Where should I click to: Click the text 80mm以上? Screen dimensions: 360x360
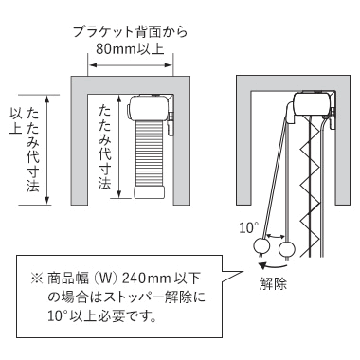coord(130,49)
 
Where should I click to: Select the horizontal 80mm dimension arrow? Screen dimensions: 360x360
coord(130,65)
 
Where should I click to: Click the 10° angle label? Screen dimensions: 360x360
coord(248,227)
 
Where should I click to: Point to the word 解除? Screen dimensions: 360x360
coord(273,283)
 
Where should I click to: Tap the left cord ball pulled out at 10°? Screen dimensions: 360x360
coord(261,246)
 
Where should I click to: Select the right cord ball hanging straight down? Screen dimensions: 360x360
coord(287,250)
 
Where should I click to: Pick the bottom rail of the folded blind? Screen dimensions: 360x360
coord(150,192)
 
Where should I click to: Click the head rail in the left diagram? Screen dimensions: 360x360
coord(149,108)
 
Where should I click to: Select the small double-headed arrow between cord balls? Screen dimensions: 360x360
coord(276,236)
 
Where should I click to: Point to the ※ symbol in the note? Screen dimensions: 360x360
coord(37,279)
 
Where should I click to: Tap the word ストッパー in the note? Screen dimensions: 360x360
coord(132,297)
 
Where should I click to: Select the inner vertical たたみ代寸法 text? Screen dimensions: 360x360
coord(104,147)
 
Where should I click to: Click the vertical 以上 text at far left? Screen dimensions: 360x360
coord(16,121)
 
